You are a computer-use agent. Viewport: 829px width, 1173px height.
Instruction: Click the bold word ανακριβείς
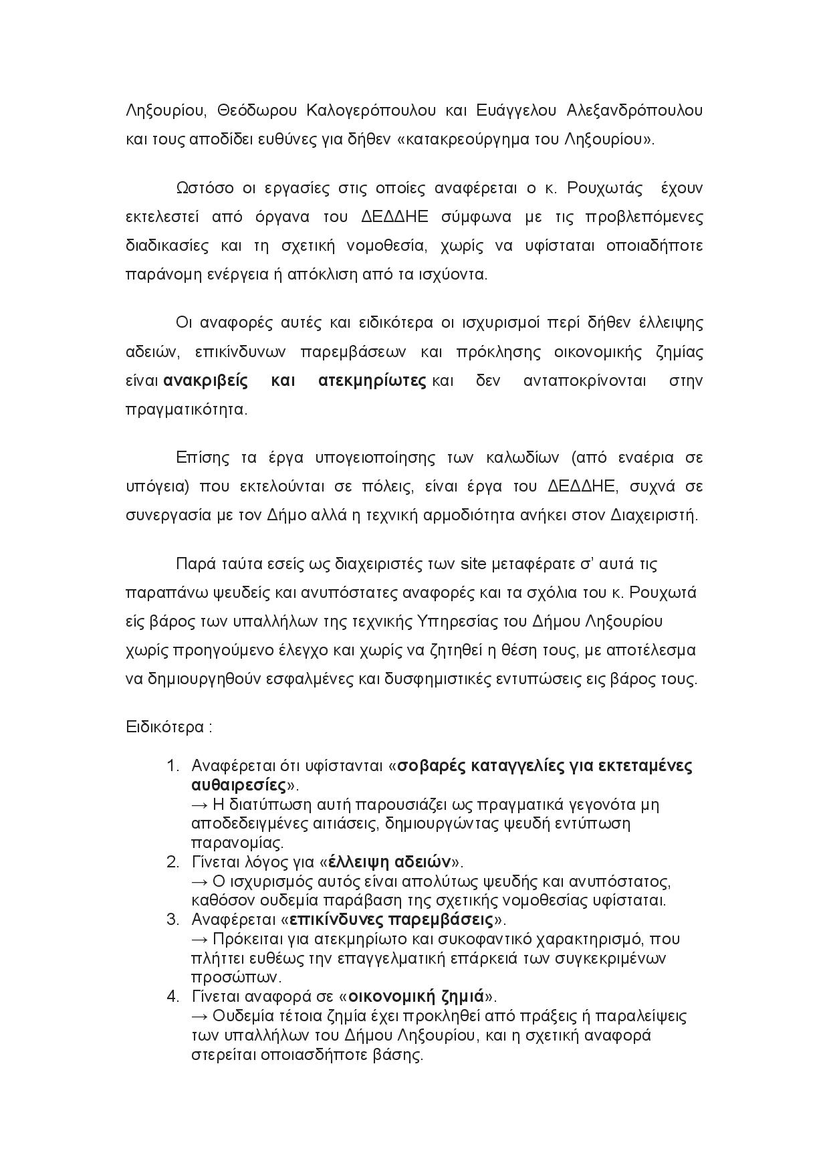pyautogui.click(x=206, y=381)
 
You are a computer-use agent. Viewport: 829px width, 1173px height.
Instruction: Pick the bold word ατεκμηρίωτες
pyautogui.click(x=372, y=381)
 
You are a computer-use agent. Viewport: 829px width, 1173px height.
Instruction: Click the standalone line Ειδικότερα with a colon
pyautogui.click(x=168, y=727)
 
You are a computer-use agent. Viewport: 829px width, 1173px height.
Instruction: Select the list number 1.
pyautogui.click(x=172, y=765)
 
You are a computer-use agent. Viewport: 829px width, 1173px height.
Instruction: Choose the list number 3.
pyautogui.click(x=172, y=919)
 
